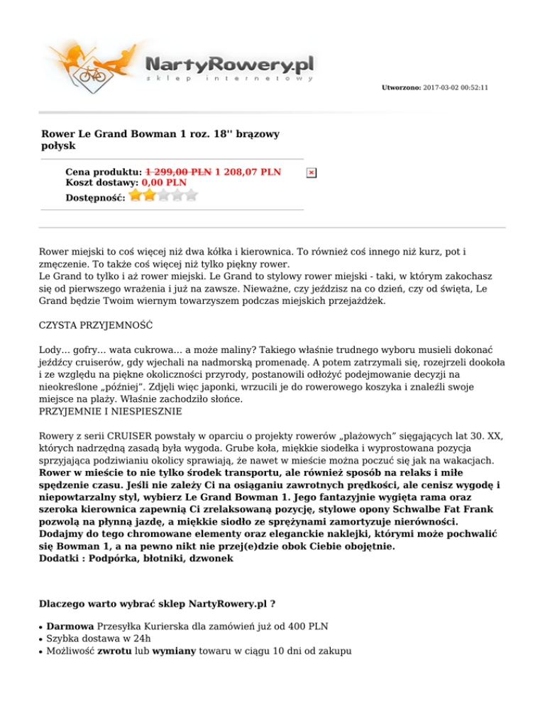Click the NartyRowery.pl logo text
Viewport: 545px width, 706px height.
(229, 65)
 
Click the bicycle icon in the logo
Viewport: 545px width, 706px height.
(91, 74)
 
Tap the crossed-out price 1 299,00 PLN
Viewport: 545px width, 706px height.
(178, 172)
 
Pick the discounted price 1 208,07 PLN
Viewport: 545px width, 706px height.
(248, 172)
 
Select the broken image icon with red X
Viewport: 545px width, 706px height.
(311, 173)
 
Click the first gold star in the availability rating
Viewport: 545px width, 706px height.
(136, 194)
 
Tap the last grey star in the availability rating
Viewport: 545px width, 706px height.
(191, 194)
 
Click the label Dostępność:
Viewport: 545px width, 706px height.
(95, 197)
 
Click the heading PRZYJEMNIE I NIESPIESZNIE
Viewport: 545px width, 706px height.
(111, 411)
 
